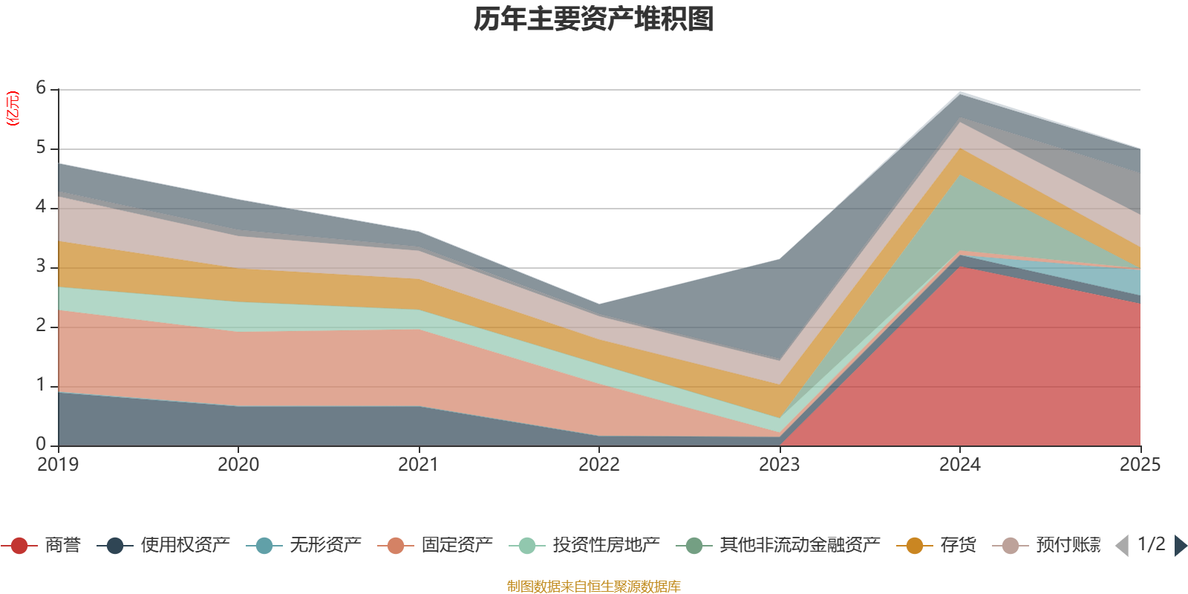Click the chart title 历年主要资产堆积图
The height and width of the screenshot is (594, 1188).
click(593, 19)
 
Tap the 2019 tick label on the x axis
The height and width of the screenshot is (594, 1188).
click(58, 465)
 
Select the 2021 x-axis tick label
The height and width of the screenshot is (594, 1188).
click(419, 465)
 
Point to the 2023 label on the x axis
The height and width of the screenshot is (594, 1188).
click(779, 465)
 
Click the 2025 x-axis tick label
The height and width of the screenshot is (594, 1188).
click(1139, 465)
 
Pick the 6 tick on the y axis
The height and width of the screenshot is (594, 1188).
click(41, 88)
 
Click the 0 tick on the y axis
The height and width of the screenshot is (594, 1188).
click(41, 445)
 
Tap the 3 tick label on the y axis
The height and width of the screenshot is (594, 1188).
click(41, 267)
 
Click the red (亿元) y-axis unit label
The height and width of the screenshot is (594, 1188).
click(13, 108)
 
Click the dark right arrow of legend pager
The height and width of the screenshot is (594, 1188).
click(1180, 546)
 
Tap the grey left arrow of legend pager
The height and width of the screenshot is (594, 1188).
click(1122, 546)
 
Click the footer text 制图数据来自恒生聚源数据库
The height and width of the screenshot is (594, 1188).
click(593, 587)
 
